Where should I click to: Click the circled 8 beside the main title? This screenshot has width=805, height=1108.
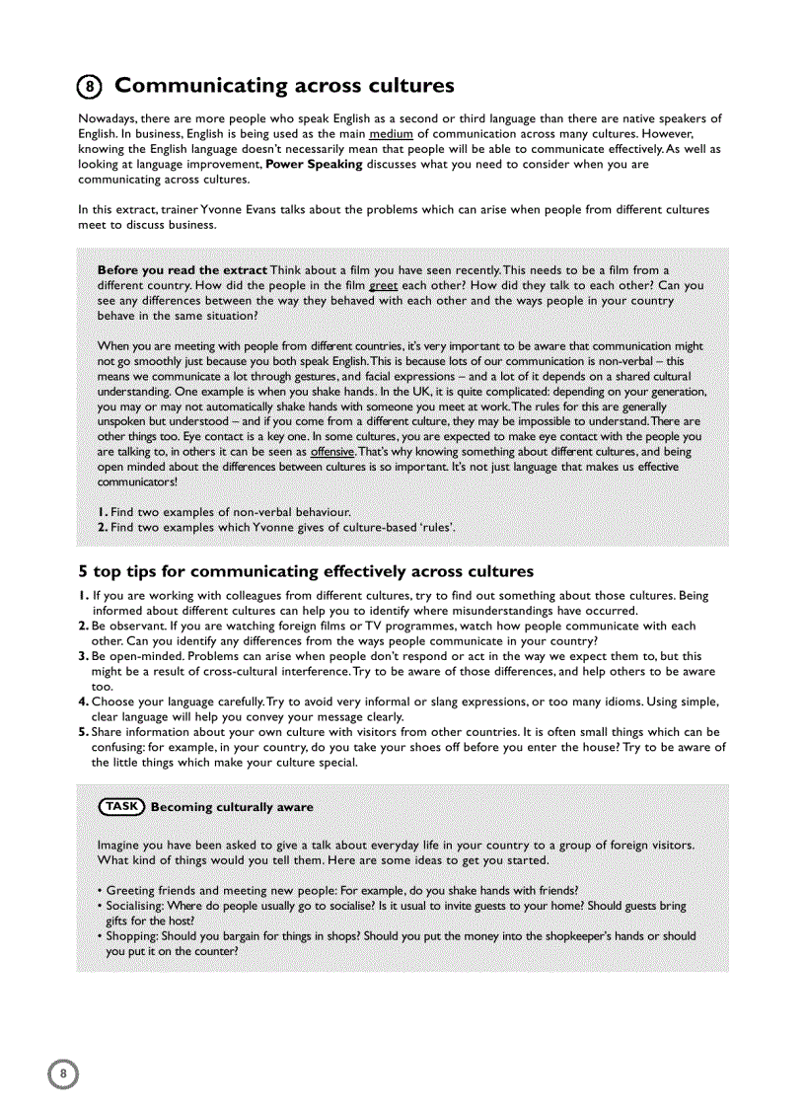(90, 87)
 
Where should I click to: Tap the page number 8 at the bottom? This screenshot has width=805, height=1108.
(63, 1073)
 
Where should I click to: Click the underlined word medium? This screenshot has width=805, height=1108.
(392, 133)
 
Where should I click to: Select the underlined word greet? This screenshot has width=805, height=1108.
(384, 285)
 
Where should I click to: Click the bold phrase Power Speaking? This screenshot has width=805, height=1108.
(314, 164)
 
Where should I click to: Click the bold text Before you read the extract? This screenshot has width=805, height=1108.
(183, 270)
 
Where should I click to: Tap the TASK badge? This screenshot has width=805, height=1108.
(121, 806)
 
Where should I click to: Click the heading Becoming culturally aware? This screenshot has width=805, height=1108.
(232, 807)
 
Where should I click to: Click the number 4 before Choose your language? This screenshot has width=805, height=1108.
(83, 702)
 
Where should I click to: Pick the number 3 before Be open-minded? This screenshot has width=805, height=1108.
(83, 656)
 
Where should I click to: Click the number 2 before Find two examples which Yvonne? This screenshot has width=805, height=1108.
(102, 527)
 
